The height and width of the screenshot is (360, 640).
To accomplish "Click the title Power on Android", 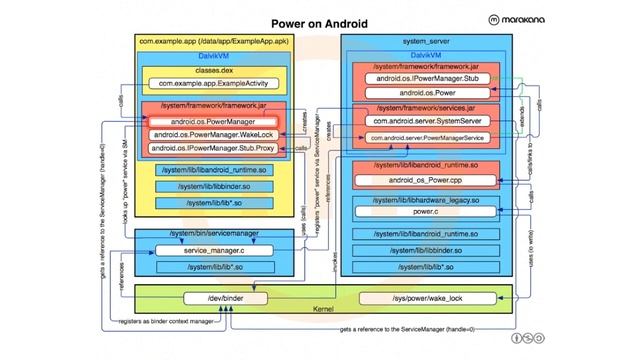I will point(320,22).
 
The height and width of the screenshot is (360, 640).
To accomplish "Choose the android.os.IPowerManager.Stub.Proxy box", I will point(215,148).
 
